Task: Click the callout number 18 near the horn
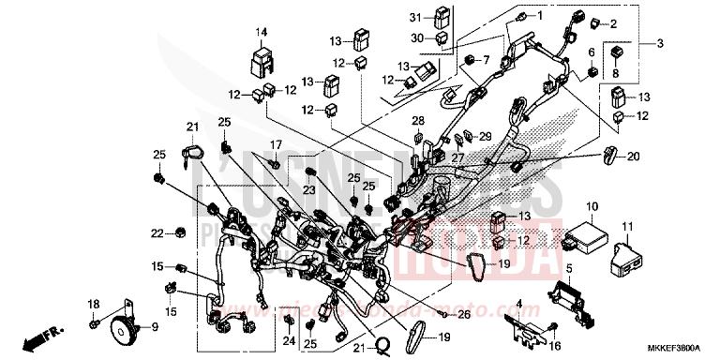94,305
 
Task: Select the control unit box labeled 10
587,232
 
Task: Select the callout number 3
659,44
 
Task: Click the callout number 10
592,205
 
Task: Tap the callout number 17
277,143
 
